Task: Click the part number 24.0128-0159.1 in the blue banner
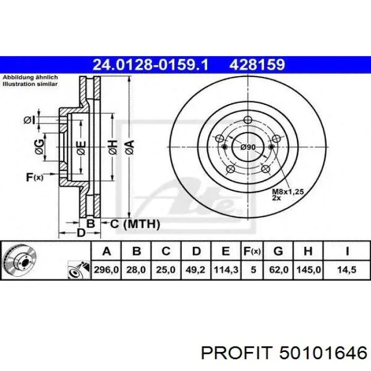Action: tap(151, 65)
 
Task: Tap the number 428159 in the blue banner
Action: tap(257, 65)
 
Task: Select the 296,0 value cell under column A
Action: tap(106, 270)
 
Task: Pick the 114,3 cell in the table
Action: tap(226, 270)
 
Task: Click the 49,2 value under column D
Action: tap(196, 270)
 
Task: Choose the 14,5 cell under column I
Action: tap(347, 270)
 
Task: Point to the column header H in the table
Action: tap(308, 251)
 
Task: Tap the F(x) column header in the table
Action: tap(252, 251)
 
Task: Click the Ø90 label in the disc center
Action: tap(248, 147)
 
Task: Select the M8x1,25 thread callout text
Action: tap(288, 191)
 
